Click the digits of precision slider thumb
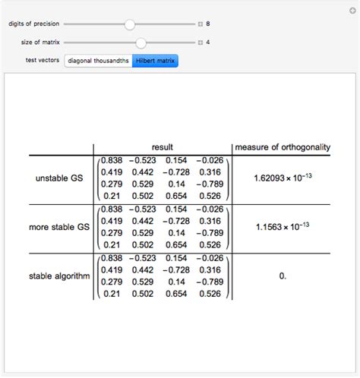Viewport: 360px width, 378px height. click(x=129, y=24)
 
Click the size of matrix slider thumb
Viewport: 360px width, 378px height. click(x=141, y=42)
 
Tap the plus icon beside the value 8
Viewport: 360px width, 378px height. click(x=200, y=24)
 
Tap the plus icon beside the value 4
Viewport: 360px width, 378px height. click(x=200, y=42)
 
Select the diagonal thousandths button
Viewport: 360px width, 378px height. click(x=98, y=60)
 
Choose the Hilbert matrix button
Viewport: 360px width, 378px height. click(x=156, y=60)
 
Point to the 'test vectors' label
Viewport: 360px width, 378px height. click(x=40, y=60)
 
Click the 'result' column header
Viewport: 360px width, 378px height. click(x=163, y=147)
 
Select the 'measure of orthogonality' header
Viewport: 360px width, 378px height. click(x=283, y=147)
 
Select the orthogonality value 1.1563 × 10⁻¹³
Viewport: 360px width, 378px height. click(x=282, y=228)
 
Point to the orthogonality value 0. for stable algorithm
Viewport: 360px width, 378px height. click(x=282, y=276)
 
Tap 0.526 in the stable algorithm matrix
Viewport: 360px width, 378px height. click(x=211, y=295)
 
